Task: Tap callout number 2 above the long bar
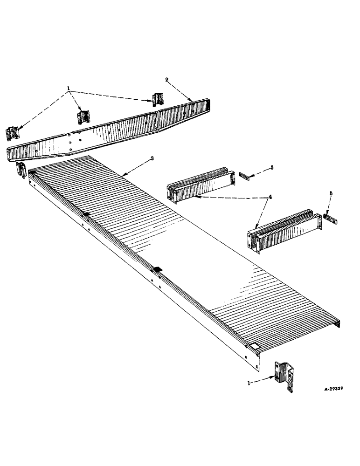pos(166,80)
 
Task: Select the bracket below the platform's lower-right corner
pos(285,375)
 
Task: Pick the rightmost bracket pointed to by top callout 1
pos(158,99)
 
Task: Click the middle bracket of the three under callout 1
pos(83,116)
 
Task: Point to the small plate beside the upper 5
pos(243,175)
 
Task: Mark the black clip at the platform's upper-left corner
pos(31,172)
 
